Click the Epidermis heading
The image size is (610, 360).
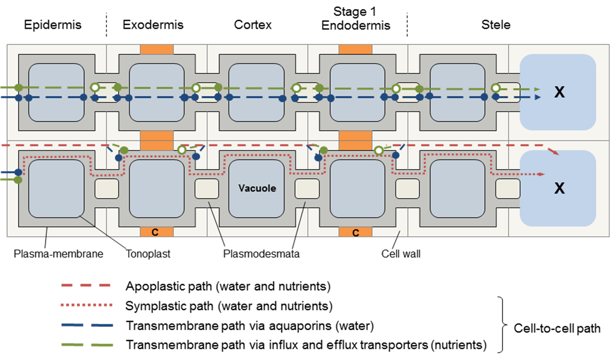[53, 25]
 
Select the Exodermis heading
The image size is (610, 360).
[153, 25]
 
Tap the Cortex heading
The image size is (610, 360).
[253, 25]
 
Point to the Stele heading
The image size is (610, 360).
[496, 25]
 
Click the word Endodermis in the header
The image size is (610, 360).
[356, 26]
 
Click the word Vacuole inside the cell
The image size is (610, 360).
[257, 188]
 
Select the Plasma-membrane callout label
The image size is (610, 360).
[58, 254]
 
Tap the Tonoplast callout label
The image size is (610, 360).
[148, 254]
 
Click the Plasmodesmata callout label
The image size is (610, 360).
[261, 254]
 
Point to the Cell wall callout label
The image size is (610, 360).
[401, 254]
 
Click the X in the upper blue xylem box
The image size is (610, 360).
[559, 92]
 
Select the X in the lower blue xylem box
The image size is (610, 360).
[559, 188]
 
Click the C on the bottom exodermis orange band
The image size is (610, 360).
[155, 232]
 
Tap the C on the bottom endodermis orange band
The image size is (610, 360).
[356, 233]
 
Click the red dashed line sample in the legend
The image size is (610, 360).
[86, 285]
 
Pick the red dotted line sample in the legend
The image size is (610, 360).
[86, 305]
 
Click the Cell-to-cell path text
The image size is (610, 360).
[557, 328]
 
